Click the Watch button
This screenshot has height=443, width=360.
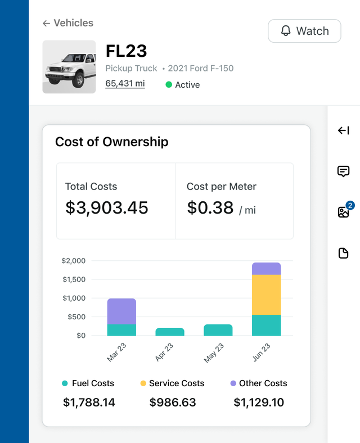pos(304,31)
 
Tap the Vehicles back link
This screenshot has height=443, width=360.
pos(68,23)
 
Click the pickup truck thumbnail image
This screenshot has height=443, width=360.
pos(69,67)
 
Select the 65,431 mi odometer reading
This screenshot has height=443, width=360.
pos(125,84)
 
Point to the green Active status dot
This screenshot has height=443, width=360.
pos(169,85)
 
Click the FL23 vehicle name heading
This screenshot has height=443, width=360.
pos(127,51)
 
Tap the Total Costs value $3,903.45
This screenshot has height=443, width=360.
pos(107,207)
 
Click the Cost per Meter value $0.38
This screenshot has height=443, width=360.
pos(210,207)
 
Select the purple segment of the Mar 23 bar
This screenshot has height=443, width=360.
pos(121,311)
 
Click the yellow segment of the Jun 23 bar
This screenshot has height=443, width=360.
pos(266,295)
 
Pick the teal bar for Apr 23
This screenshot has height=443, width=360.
pos(170,332)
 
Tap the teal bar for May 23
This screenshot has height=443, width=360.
pos(218,330)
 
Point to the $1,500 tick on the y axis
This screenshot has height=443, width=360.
pos(74,279)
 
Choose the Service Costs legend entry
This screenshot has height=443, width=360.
pos(172,383)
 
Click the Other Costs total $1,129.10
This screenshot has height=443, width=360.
pos(259,403)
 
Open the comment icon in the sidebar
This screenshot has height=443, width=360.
pos(344,171)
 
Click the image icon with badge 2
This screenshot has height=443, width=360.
pos(344,212)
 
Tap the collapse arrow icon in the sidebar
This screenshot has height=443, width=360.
pos(344,131)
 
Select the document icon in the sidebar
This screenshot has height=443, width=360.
pos(344,253)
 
